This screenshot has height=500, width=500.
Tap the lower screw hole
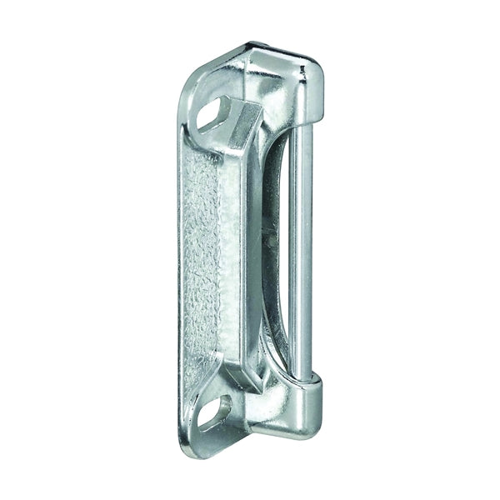214,411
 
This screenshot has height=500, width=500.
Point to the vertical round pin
303,250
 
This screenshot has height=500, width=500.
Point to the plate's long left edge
180,267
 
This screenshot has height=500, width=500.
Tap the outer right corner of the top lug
321,71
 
